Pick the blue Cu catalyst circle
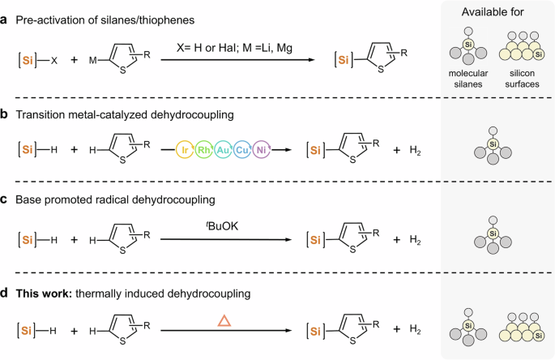[x=263, y=150]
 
